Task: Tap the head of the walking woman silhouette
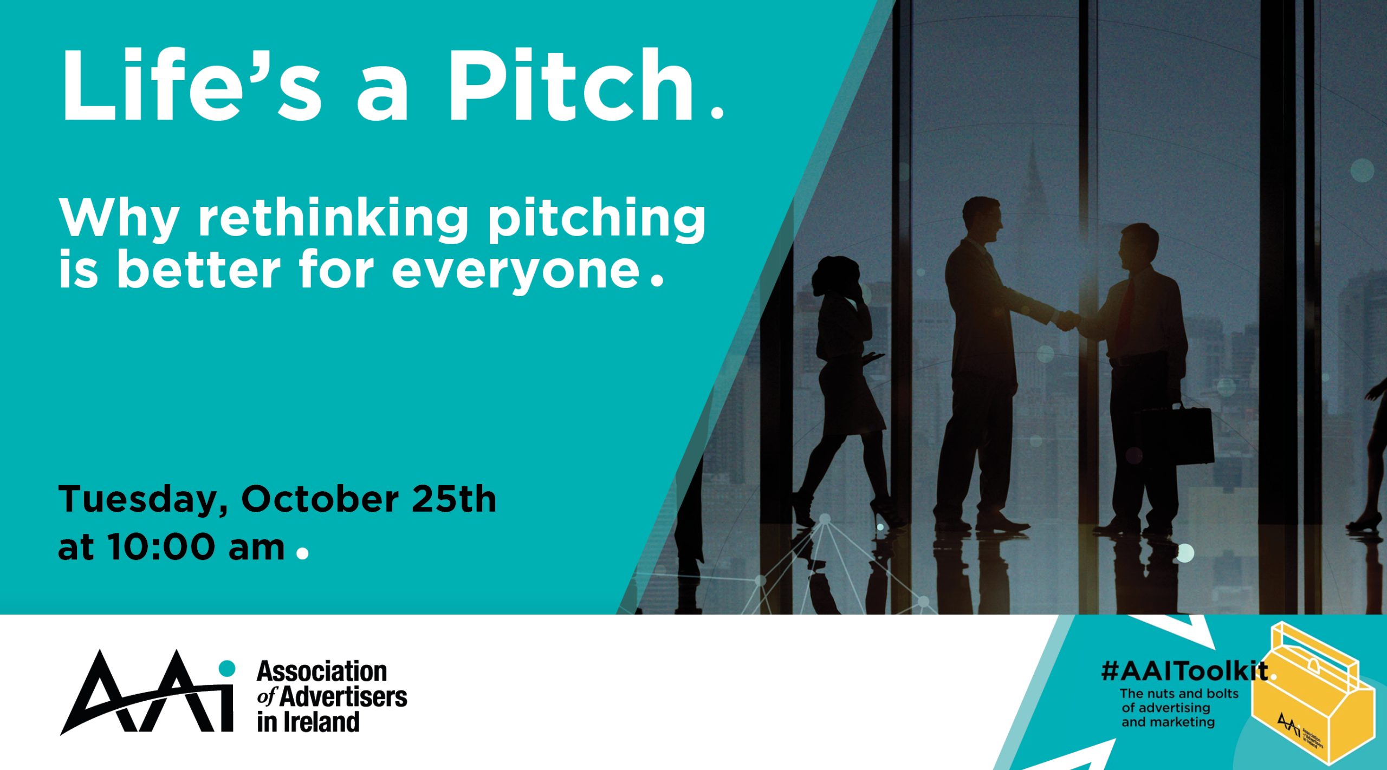[x=837, y=276]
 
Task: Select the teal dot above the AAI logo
[x=227, y=668]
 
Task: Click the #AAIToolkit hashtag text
[x=1184, y=671]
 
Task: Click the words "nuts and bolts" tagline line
[x=1179, y=694]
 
